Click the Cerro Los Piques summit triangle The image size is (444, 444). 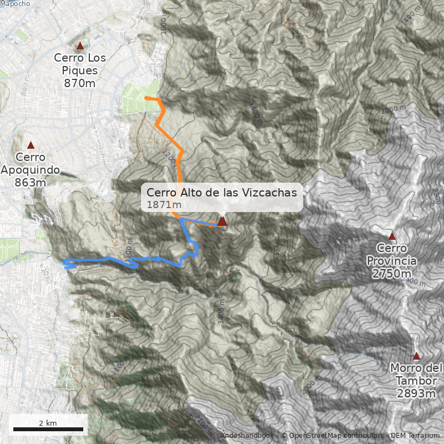(80, 46)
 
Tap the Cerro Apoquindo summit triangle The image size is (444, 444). (31, 145)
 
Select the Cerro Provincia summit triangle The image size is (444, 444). (392, 236)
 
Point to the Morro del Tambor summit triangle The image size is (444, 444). (416, 356)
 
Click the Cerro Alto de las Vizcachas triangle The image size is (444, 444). (222, 221)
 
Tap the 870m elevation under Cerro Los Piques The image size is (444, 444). (80, 83)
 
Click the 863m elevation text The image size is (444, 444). (31, 183)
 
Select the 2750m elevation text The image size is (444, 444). (392, 274)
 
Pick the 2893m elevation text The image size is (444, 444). (416, 393)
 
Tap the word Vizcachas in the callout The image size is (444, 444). (269, 193)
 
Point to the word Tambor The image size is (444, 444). (416, 381)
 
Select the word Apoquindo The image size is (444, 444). (31, 170)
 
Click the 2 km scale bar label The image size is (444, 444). (48, 423)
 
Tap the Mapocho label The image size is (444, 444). (15, 3)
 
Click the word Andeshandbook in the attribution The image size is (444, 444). (247, 436)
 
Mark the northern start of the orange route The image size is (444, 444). (146, 98)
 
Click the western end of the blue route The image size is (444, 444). (65, 262)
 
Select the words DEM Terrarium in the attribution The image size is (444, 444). (415, 436)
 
